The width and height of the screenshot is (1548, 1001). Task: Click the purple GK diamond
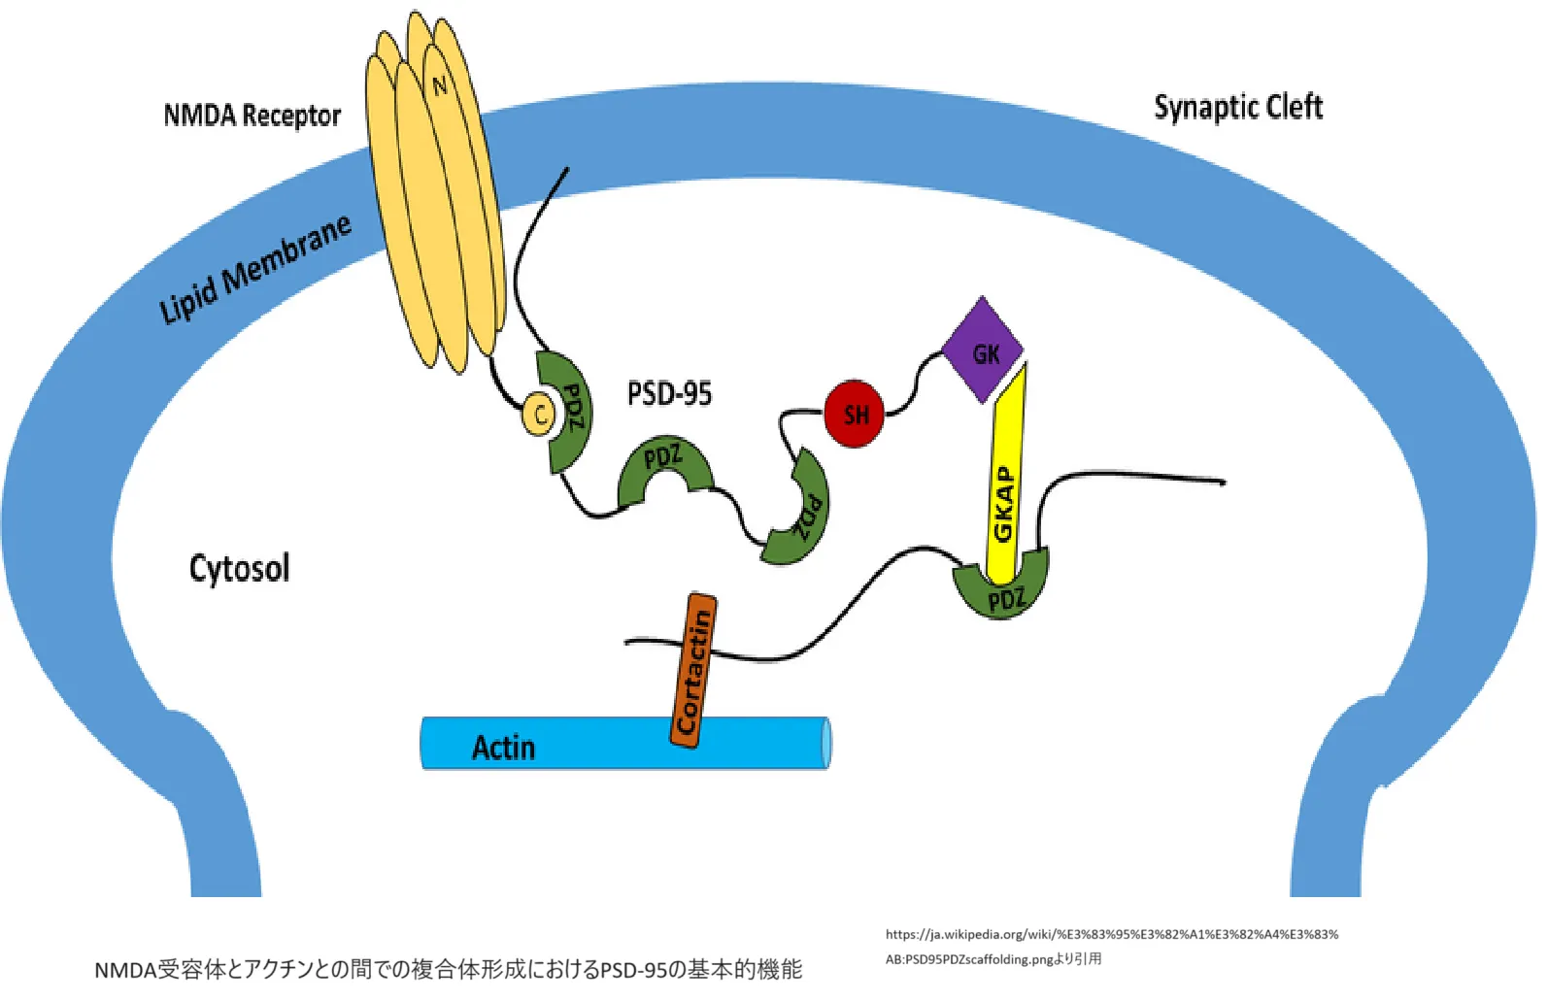point(983,350)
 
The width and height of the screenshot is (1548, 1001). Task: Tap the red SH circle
point(855,414)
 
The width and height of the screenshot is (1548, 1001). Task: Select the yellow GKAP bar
point(1006,477)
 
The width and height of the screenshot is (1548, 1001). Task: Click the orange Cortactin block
point(693,670)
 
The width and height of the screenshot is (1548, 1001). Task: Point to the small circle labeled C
point(539,415)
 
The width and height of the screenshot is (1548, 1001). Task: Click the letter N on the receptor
point(440,85)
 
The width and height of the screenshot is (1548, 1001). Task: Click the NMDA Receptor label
point(252,116)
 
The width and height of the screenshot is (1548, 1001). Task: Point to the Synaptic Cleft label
point(1238,107)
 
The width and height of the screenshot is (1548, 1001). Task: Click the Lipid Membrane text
point(255,269)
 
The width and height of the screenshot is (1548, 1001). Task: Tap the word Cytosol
point(239,569)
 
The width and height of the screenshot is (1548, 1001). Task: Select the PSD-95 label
point(669,393)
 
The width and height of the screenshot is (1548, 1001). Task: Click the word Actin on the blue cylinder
point(503,748)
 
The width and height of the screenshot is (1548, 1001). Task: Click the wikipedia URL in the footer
point(1112,935)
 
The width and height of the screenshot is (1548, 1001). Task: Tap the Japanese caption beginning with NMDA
point(448,970)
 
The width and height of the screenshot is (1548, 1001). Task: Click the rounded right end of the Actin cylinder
point(826,743)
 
